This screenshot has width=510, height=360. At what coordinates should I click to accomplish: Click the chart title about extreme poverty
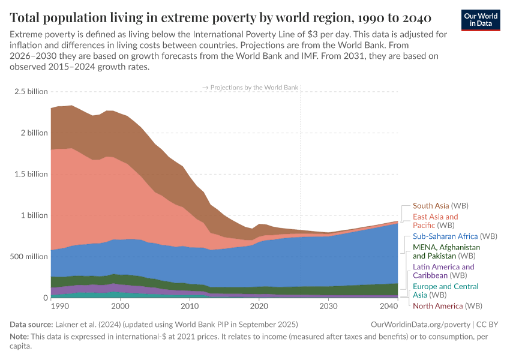coord(220,17)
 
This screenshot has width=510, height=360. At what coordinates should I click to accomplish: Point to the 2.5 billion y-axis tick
coord(31,92)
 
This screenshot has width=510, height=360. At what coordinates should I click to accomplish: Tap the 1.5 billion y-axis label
coord(31,174)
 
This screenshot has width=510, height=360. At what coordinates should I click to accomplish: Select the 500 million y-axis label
coord(28,257)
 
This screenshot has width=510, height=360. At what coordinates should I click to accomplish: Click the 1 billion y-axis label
coord(34,215)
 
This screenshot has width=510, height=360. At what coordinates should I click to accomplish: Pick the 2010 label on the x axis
coord(190,306)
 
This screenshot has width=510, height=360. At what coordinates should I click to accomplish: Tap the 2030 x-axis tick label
coord(328,306)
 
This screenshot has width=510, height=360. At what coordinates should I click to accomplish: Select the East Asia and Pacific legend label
coord(435,221)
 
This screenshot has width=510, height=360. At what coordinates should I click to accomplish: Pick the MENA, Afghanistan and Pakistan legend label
coord(446,251)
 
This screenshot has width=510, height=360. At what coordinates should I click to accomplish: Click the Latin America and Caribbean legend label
coord(443,271)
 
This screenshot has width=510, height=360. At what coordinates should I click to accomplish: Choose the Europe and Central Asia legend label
coord(445,291)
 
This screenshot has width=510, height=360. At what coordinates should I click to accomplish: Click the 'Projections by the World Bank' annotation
coord(250,88)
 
